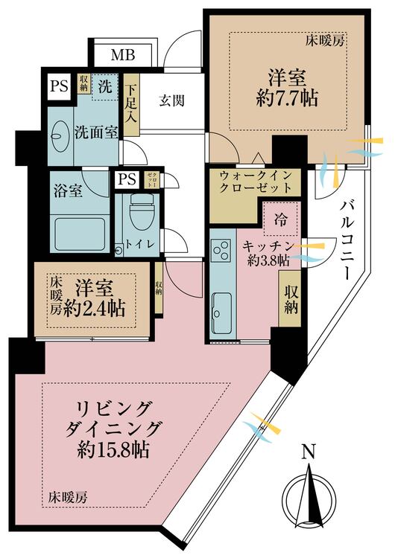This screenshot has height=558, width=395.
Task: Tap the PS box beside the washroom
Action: pyautogui.click(x=58, y=86)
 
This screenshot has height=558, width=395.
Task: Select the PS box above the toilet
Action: pyautogui.click(x=127, y=179)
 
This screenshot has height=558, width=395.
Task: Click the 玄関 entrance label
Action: pyautogui.click(x=171, y=100)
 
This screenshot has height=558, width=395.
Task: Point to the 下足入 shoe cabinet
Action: pyautogui.click(x=131, y=106)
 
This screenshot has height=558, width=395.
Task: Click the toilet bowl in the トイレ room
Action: pyautogui.click(x=139, y=216)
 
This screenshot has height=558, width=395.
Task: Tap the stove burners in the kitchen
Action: pyautogui.click(x=221, y=254)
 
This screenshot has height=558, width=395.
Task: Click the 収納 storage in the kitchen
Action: pyautogui.click(x=291, y=297)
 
